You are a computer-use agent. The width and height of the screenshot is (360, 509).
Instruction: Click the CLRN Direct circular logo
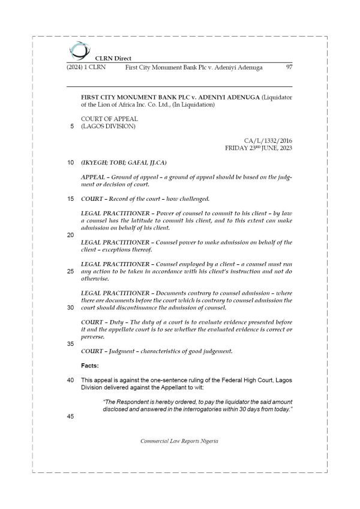click(x=78, y=50)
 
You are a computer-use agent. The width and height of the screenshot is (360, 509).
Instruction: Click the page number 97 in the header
click(x=289, y=67)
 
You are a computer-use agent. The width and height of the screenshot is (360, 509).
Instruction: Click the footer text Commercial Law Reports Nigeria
click(x=179, y=441)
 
